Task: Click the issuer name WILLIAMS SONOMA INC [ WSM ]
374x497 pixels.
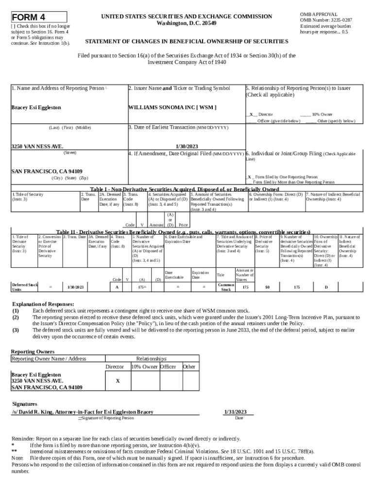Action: coord(172,107)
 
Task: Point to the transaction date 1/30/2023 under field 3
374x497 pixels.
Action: coord(186,146)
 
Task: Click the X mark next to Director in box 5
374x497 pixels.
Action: coord(251,115)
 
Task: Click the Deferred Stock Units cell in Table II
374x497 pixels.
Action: coord(24,287)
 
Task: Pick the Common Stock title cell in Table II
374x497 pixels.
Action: coord(226,287)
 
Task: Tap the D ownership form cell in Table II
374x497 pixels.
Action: coord(326,287)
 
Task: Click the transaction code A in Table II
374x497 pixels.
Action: coord(117,287)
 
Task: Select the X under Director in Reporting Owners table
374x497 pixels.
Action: coord(118,381)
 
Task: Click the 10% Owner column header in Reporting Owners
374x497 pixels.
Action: coord(144,367)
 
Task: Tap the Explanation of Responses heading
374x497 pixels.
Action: coord(43,304)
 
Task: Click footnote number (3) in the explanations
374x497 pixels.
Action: coord(16,330)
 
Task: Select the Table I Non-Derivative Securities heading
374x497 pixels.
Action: coord(185,189)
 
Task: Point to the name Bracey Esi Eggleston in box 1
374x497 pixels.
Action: coord(36,107)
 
